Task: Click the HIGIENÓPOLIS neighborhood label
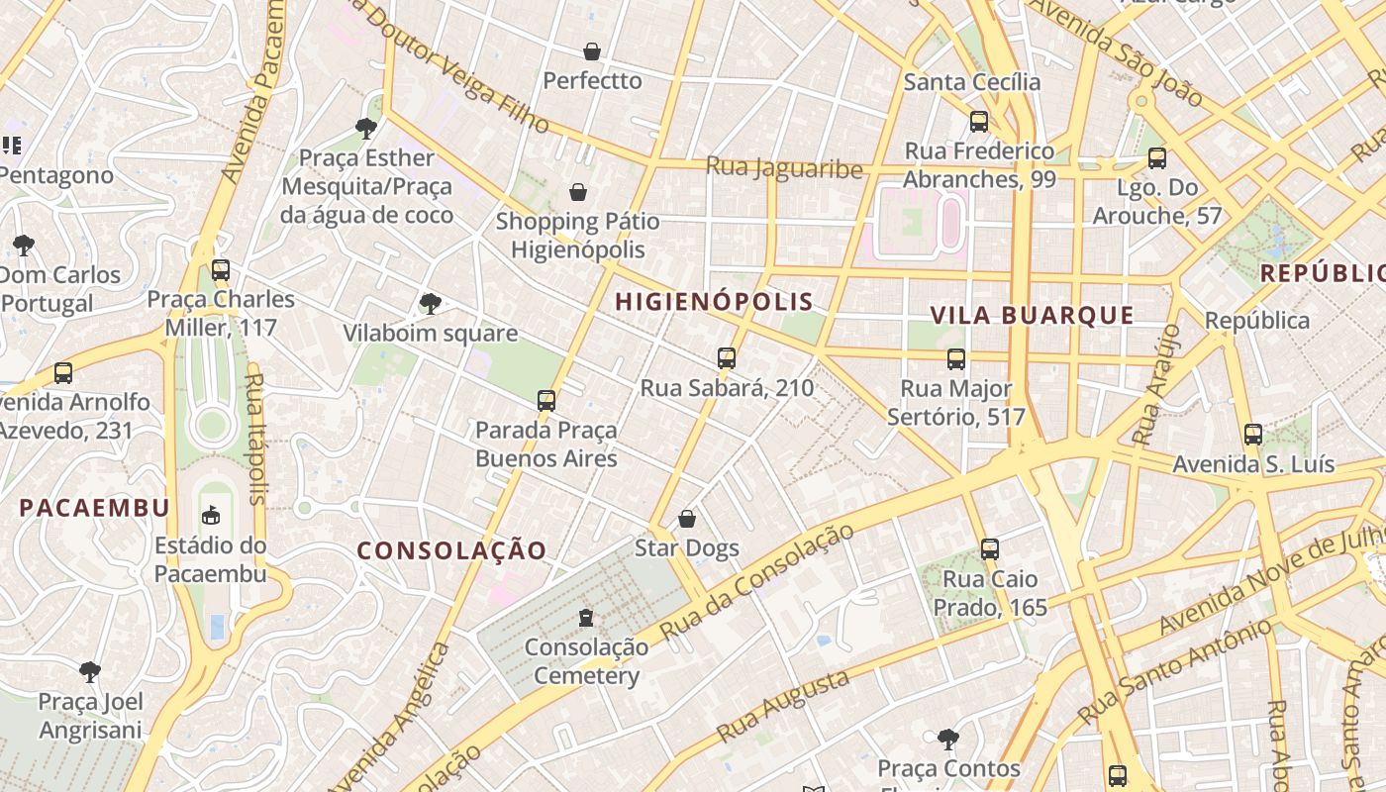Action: (714, 302)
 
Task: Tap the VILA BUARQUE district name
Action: (1032, 316)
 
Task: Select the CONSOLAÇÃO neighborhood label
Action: (451, 550)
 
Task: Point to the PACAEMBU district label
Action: (95, 508)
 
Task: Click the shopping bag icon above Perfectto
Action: (592, 51)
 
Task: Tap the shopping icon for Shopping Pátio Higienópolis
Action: (578, 192)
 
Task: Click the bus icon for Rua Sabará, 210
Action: (727, 358)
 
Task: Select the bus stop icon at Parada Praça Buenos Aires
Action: (546, 401)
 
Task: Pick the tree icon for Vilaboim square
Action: (430, 304)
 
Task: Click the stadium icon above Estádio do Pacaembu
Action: (211, 515)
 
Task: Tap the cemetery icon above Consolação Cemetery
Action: (586, 618)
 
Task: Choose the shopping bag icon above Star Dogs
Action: (687, 519)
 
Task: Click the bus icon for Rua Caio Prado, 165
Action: (990, 549)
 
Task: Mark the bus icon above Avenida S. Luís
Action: (1253, 435)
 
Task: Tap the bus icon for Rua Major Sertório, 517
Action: (956, 359)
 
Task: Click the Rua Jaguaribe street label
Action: (784, 167)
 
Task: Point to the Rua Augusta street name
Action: (783, 706)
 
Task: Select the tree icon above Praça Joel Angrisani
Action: (90, 672)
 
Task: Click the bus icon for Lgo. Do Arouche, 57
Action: (1157, 158)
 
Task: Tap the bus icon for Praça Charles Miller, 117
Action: (221, 269)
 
